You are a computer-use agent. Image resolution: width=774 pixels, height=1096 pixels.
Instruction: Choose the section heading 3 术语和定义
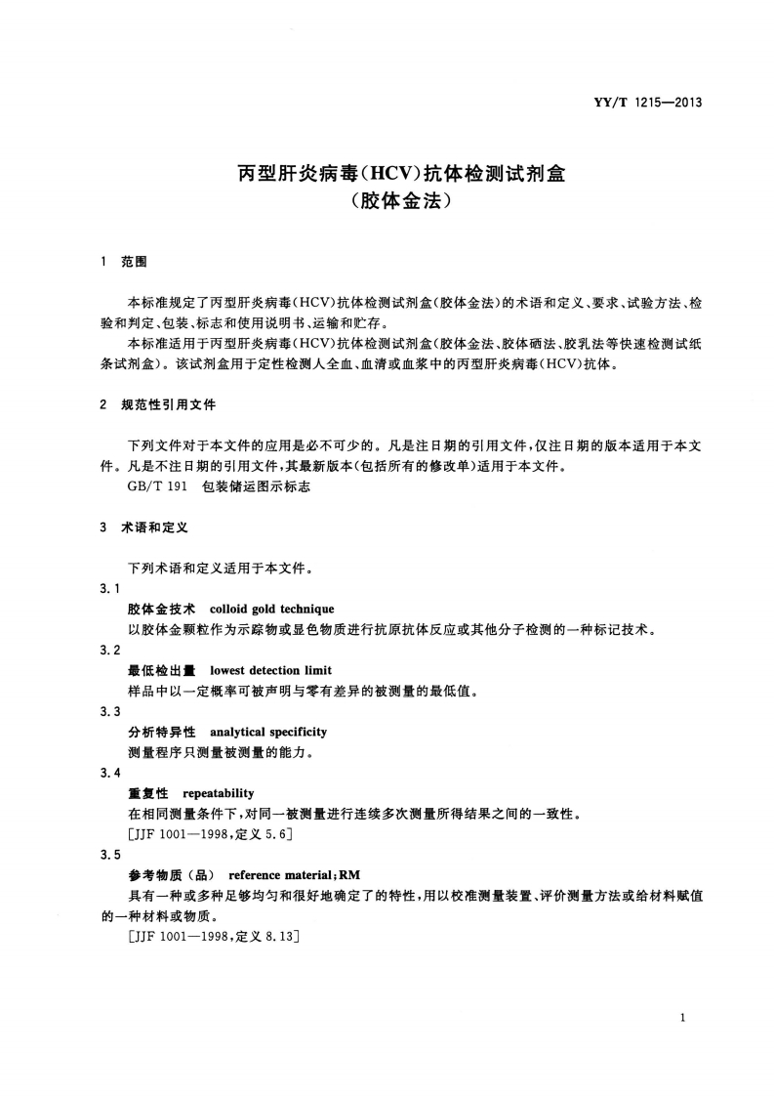coord(145,527)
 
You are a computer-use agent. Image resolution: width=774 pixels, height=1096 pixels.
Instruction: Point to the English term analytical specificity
coord(268,732)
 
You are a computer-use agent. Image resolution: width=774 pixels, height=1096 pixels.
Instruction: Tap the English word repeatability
coord(218,793)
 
